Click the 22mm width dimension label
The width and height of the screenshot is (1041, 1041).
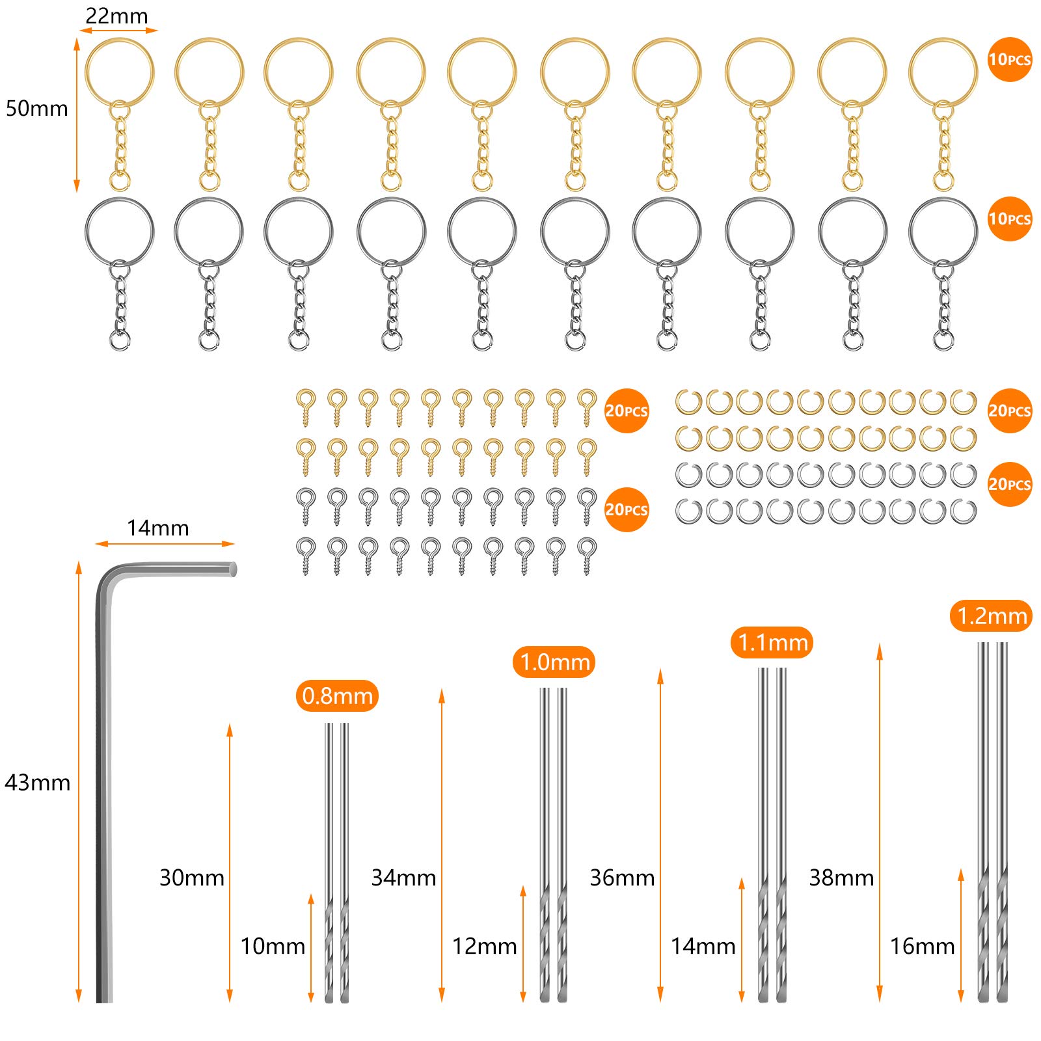[117, 16]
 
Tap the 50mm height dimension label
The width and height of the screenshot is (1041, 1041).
[37, 108]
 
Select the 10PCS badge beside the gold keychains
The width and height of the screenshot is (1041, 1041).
[1010, 59]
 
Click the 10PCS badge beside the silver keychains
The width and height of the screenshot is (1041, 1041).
[1010, 219]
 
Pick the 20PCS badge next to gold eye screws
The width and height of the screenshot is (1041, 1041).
[627, 411]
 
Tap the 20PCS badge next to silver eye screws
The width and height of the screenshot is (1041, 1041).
[627, 509]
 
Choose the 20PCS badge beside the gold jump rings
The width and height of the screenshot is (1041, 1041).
[1010, 411]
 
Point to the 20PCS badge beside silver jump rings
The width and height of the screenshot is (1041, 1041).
[1010, 484]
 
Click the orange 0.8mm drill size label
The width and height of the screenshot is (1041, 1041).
[337, 696]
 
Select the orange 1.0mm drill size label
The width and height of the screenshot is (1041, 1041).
[554, 662]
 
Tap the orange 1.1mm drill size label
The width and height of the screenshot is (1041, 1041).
[772, 642]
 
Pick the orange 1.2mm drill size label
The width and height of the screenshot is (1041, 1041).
[992, 615]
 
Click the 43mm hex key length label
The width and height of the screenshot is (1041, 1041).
[38, 782]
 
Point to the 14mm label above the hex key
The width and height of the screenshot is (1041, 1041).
[157, 528]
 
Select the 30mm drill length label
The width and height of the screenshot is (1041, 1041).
[192, 878]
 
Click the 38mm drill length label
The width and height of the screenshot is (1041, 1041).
[841, 878]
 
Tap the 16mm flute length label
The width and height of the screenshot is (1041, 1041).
[923, 946]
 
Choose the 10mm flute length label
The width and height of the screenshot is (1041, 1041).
[273, 946]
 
